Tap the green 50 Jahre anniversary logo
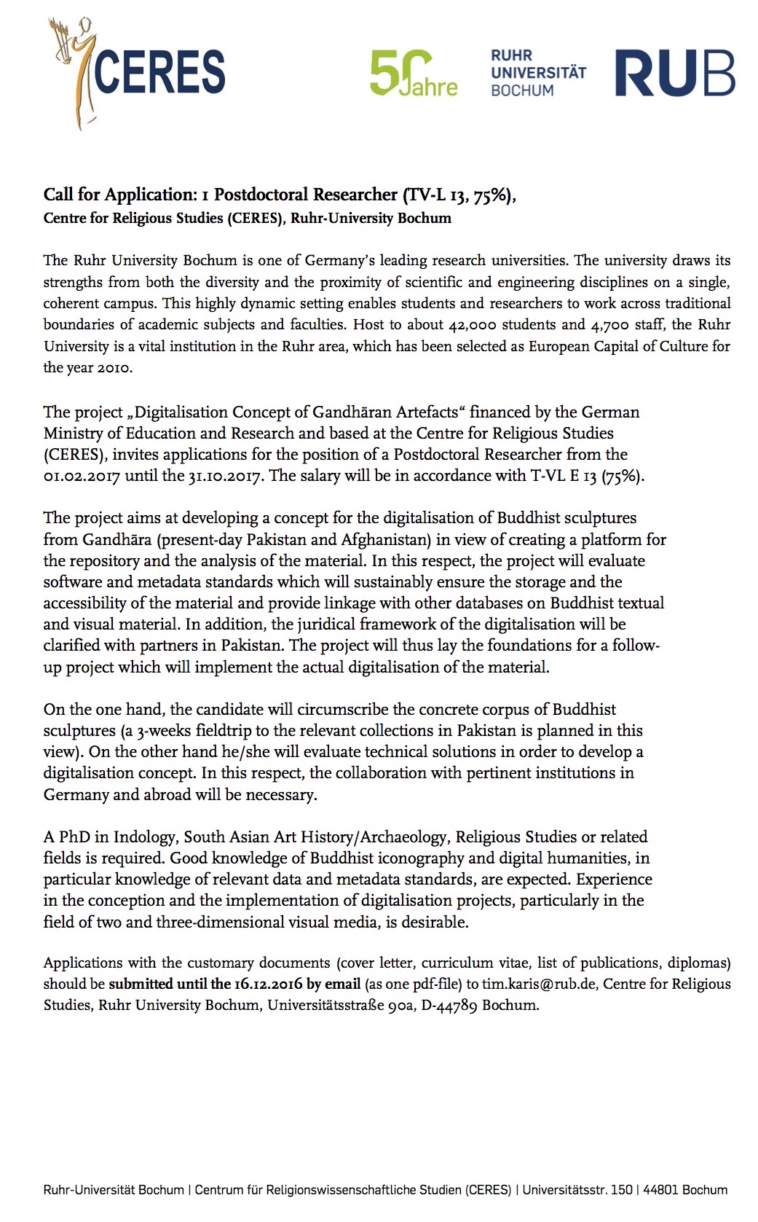[x=413, y=73]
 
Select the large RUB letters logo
[x=674, y=73]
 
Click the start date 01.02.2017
[x=82, y=475]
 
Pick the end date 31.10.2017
[x=221, y=475]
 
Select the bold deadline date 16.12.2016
[x=267, y=984]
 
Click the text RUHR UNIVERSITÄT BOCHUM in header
[x=537, y=73]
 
